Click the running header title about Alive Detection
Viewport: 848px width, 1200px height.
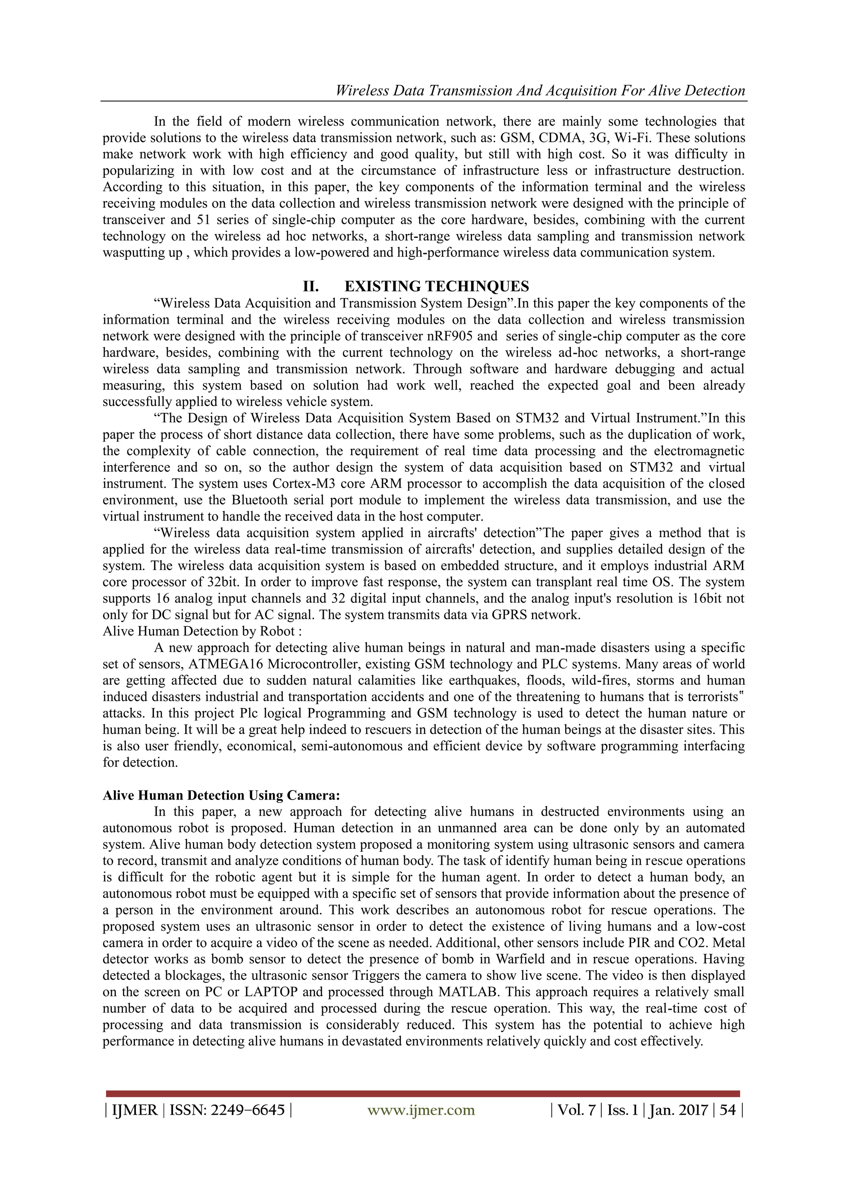(540, 90)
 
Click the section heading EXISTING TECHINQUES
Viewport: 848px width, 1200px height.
(436, 286)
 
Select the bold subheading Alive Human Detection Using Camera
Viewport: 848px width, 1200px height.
(222, 795)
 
